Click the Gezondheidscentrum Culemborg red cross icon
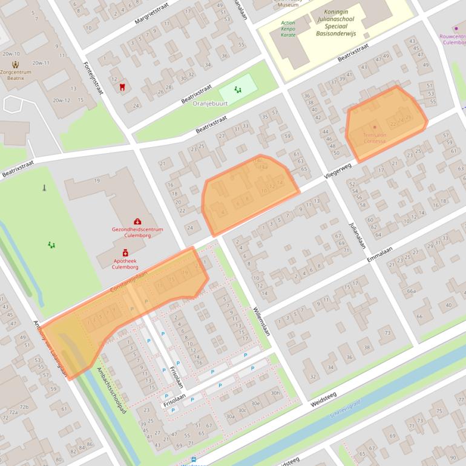point(137,222)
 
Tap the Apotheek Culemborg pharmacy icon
point(125,253)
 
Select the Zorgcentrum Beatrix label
point(16,74)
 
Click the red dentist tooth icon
point(122,87)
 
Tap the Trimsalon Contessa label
point(374,137)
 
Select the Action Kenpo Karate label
point(288,29)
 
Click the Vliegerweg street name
point(338,170)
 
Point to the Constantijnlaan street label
point(130,282)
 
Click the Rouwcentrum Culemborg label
point(453,39)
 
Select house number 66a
point(412,291)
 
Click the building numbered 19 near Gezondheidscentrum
point(97,180)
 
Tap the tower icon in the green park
point(44,188)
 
